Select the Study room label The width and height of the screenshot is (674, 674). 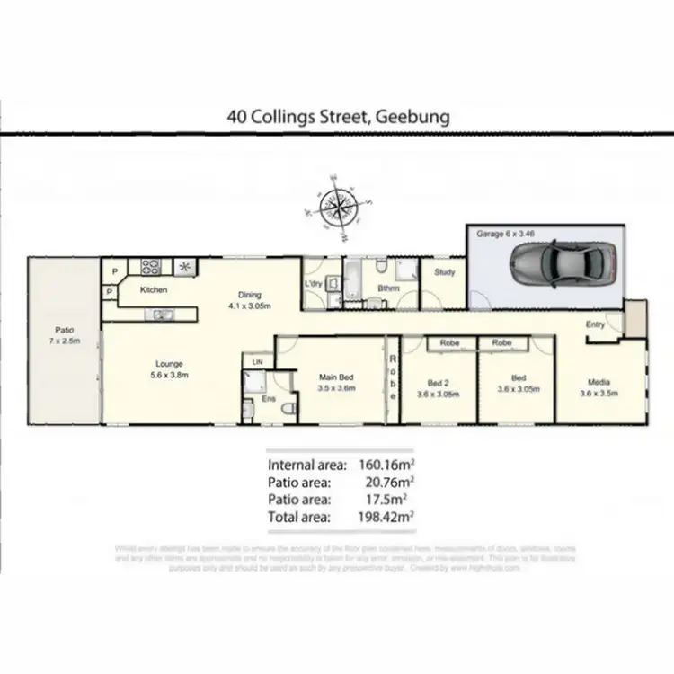click(x=445, y=271)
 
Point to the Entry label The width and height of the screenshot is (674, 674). click(x=595, y=324)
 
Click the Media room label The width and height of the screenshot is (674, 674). click(x=599, y=381)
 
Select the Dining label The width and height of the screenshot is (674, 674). click(x=249, y=294)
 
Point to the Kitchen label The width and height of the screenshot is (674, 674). click(x=154, y=290)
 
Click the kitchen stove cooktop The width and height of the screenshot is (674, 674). click(x=150, y=266)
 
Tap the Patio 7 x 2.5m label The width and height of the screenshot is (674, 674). click(x=63, y=333)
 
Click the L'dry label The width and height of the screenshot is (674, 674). click(x=314, y=284)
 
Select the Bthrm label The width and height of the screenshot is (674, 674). click(x=388, y=288)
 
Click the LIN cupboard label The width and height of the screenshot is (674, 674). click(x=257, y=361)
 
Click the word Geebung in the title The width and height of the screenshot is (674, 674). click(x=412, y=117)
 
